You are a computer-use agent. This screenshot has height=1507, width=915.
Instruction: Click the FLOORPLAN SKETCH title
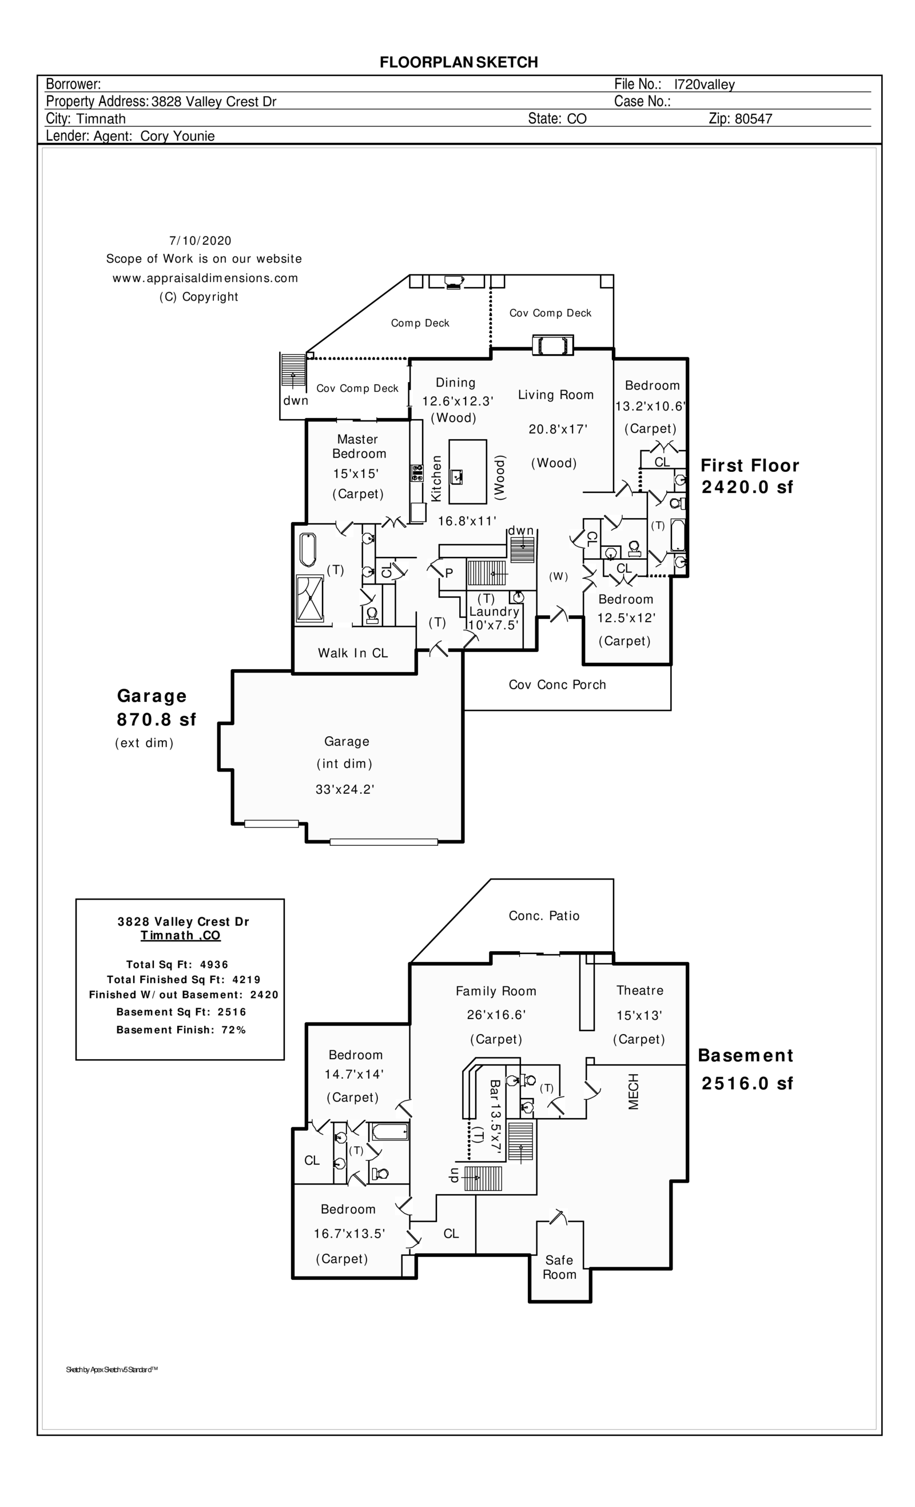458,62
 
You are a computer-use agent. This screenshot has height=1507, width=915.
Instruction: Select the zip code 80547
753,118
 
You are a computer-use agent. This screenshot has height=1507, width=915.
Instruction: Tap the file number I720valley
704,85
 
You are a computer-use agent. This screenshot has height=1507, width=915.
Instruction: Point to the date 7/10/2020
200,240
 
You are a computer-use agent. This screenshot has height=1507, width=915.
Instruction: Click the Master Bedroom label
359,447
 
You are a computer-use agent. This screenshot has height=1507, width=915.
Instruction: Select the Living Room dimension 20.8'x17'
558,430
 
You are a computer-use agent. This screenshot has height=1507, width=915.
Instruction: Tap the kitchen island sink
456,476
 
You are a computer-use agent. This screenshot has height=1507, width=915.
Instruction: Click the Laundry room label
494,611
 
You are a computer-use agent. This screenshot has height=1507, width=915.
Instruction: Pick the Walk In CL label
353,653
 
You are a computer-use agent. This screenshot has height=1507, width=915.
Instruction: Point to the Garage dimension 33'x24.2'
344,789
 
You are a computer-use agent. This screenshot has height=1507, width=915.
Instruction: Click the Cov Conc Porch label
557,685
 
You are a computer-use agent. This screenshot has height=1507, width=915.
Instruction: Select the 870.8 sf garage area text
156,719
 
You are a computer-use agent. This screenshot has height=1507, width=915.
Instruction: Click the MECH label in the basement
633,1091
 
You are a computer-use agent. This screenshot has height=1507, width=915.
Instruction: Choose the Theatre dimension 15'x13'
639,1015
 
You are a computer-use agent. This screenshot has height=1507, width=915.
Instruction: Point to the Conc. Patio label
544,916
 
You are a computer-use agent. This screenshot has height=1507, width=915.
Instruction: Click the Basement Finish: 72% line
181,1029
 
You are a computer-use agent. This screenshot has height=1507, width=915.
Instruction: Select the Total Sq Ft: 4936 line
177,964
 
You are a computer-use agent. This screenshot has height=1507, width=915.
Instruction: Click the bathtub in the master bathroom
308,550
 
